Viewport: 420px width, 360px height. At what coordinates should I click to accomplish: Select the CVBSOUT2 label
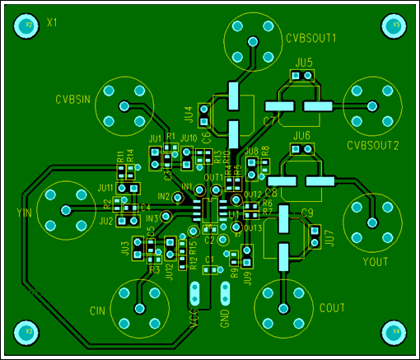[x=372, y=146]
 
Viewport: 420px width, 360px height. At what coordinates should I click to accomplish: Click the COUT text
[x=331, y=308]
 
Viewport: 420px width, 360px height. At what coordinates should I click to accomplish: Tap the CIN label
[x=98, y=311]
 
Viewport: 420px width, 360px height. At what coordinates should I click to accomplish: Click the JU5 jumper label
[x=303, y=63]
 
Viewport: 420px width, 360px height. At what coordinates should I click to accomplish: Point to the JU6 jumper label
[x=301, y=135]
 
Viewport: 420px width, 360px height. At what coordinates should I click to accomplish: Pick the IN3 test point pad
[x=166, y=217]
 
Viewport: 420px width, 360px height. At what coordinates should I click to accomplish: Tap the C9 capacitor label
[x=307, y=213]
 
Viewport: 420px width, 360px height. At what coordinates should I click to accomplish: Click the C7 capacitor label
[x=268, y=122]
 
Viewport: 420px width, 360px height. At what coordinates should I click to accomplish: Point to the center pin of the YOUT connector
[x=371, y=221]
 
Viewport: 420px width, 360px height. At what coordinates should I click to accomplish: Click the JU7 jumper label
[x=328, y=237]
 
